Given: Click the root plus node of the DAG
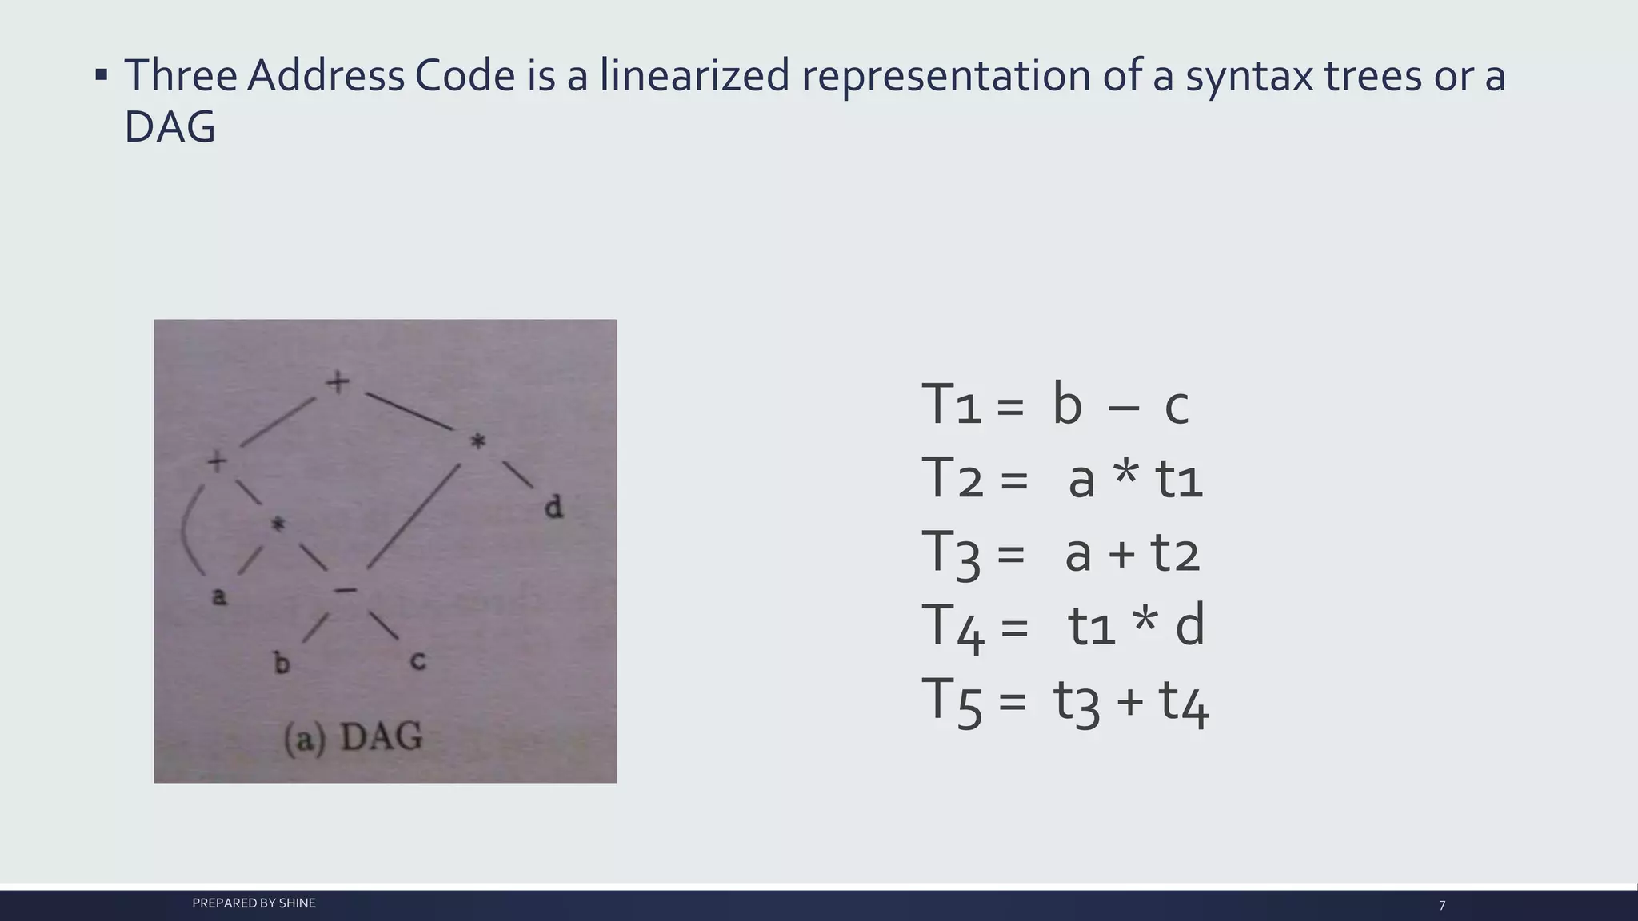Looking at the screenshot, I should point(338,382).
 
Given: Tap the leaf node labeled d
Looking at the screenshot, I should point(553,507).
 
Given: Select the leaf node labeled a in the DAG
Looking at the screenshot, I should point(218,596).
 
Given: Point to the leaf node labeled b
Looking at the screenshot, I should point(282,663).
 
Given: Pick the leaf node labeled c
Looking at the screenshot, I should point(417,660).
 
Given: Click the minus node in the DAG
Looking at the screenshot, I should point(346,591).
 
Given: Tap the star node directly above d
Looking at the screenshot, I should point(477,441).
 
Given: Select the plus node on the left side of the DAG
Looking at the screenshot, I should point(217,461).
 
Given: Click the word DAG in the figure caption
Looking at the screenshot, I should point(382,736).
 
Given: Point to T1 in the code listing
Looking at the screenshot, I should point(951,405).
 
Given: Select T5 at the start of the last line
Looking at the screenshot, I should point(951,701).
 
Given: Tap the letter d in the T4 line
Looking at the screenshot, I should point(1189,626).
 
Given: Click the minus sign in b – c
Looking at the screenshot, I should point(1123,408).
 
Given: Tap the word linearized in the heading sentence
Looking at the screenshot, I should point(694,76).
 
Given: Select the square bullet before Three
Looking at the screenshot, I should point(101,76).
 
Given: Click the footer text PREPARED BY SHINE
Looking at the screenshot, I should point(254,903).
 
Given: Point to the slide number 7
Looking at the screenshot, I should point(1442,906).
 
